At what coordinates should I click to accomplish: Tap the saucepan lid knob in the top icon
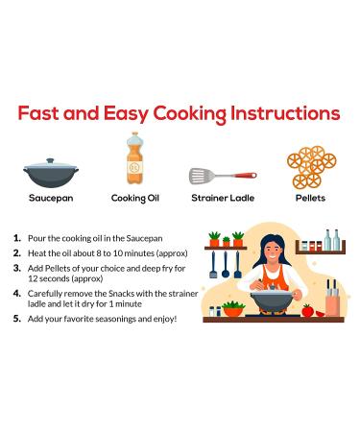click(50, 160)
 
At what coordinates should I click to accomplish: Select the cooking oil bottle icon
click(134, 158)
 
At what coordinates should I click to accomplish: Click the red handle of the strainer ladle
click(245, 175)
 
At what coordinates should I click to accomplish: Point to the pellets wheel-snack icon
click(311, 167)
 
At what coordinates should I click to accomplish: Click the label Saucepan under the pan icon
click(51, 198)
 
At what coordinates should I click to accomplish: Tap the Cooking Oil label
click(135, 199)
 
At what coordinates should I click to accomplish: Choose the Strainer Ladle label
click(223, 198)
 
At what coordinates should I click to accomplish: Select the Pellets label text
click(310, 198)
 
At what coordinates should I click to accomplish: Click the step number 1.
click(17, 238)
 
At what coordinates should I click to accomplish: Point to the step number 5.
click(17, 319)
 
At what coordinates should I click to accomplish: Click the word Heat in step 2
click(36, 253)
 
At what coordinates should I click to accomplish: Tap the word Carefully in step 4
click(45, 294)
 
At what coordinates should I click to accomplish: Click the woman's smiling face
click(273, 251)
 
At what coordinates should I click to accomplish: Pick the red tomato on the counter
click(307, 311)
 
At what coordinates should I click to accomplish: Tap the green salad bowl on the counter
click(233, 309)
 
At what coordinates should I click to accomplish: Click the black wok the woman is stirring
click(272, 301)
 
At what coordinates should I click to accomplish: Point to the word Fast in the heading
click(38, 113)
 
